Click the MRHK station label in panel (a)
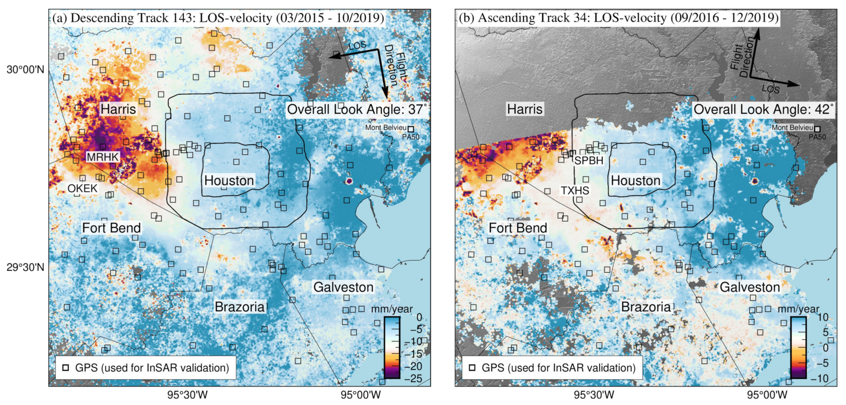pyautogui.click(x=103, y=157)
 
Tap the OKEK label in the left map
pyautogui.click(x=82, y=188)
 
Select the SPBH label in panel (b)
pyautogui.click(x=589, y=160)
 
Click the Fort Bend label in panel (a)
pyautogui.click(x=111, y=228)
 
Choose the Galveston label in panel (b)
pyautogui.click(x=750, y=287)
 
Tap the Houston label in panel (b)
pyautogui.click(x=636, y=180)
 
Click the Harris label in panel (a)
pyautogui.click(x=118, y=109)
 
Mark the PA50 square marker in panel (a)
pyautogui.click(x=410, y=129)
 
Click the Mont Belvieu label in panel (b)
pyautogui.click(x=792, y=127)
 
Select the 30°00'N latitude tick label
pyautogui.click(x=25, y=70)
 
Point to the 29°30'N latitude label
pyautogui.click(x=25, y=267)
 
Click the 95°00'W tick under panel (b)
pyautogui.click(x=767, y=395)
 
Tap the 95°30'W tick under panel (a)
pyautogui.click(x=188, y=395)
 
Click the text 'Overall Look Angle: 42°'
pyautogui.click(x=763, y=109)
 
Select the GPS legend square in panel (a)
pyautogui.click(x=66, y=368)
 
